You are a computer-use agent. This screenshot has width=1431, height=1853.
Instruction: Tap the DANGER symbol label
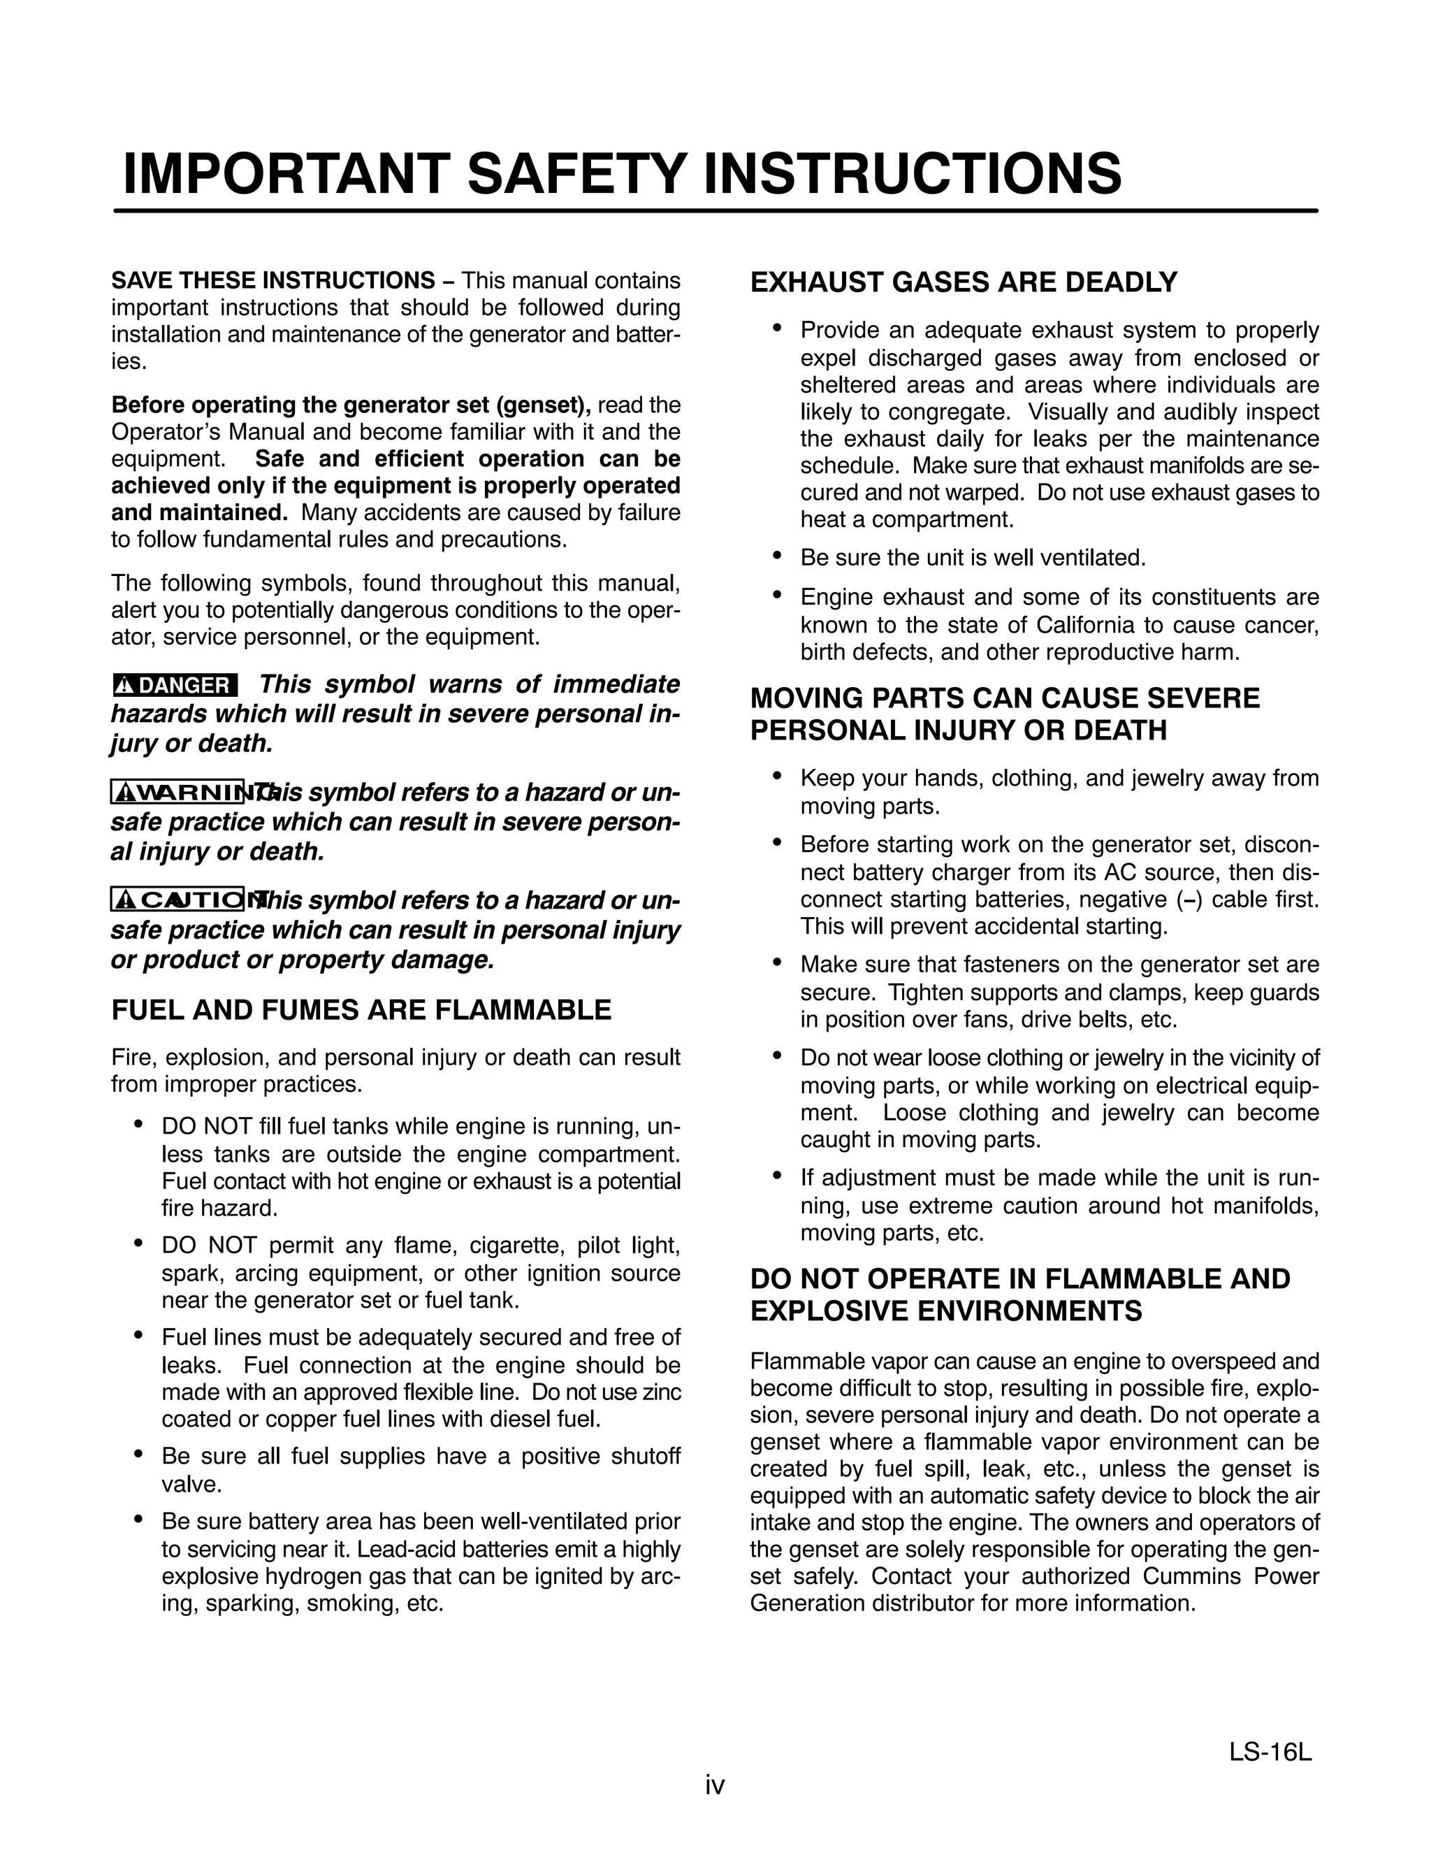pyautogui.click(x=175, y=686)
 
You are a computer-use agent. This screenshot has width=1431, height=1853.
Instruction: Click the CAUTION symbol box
pyautogui.click(x=177, y=900)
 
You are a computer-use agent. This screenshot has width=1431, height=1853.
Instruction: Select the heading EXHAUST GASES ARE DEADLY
pyautogui.click(x=964, y=282)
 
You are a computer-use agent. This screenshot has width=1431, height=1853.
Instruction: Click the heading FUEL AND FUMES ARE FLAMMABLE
pyautogui.click(x=361, y=1009)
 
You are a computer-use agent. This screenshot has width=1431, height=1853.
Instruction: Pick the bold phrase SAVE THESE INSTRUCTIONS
pyautogui.click(x=273, y=280)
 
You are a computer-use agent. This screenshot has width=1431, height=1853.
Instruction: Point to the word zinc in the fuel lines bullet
pyautogui.click(x=662, y=1392)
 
